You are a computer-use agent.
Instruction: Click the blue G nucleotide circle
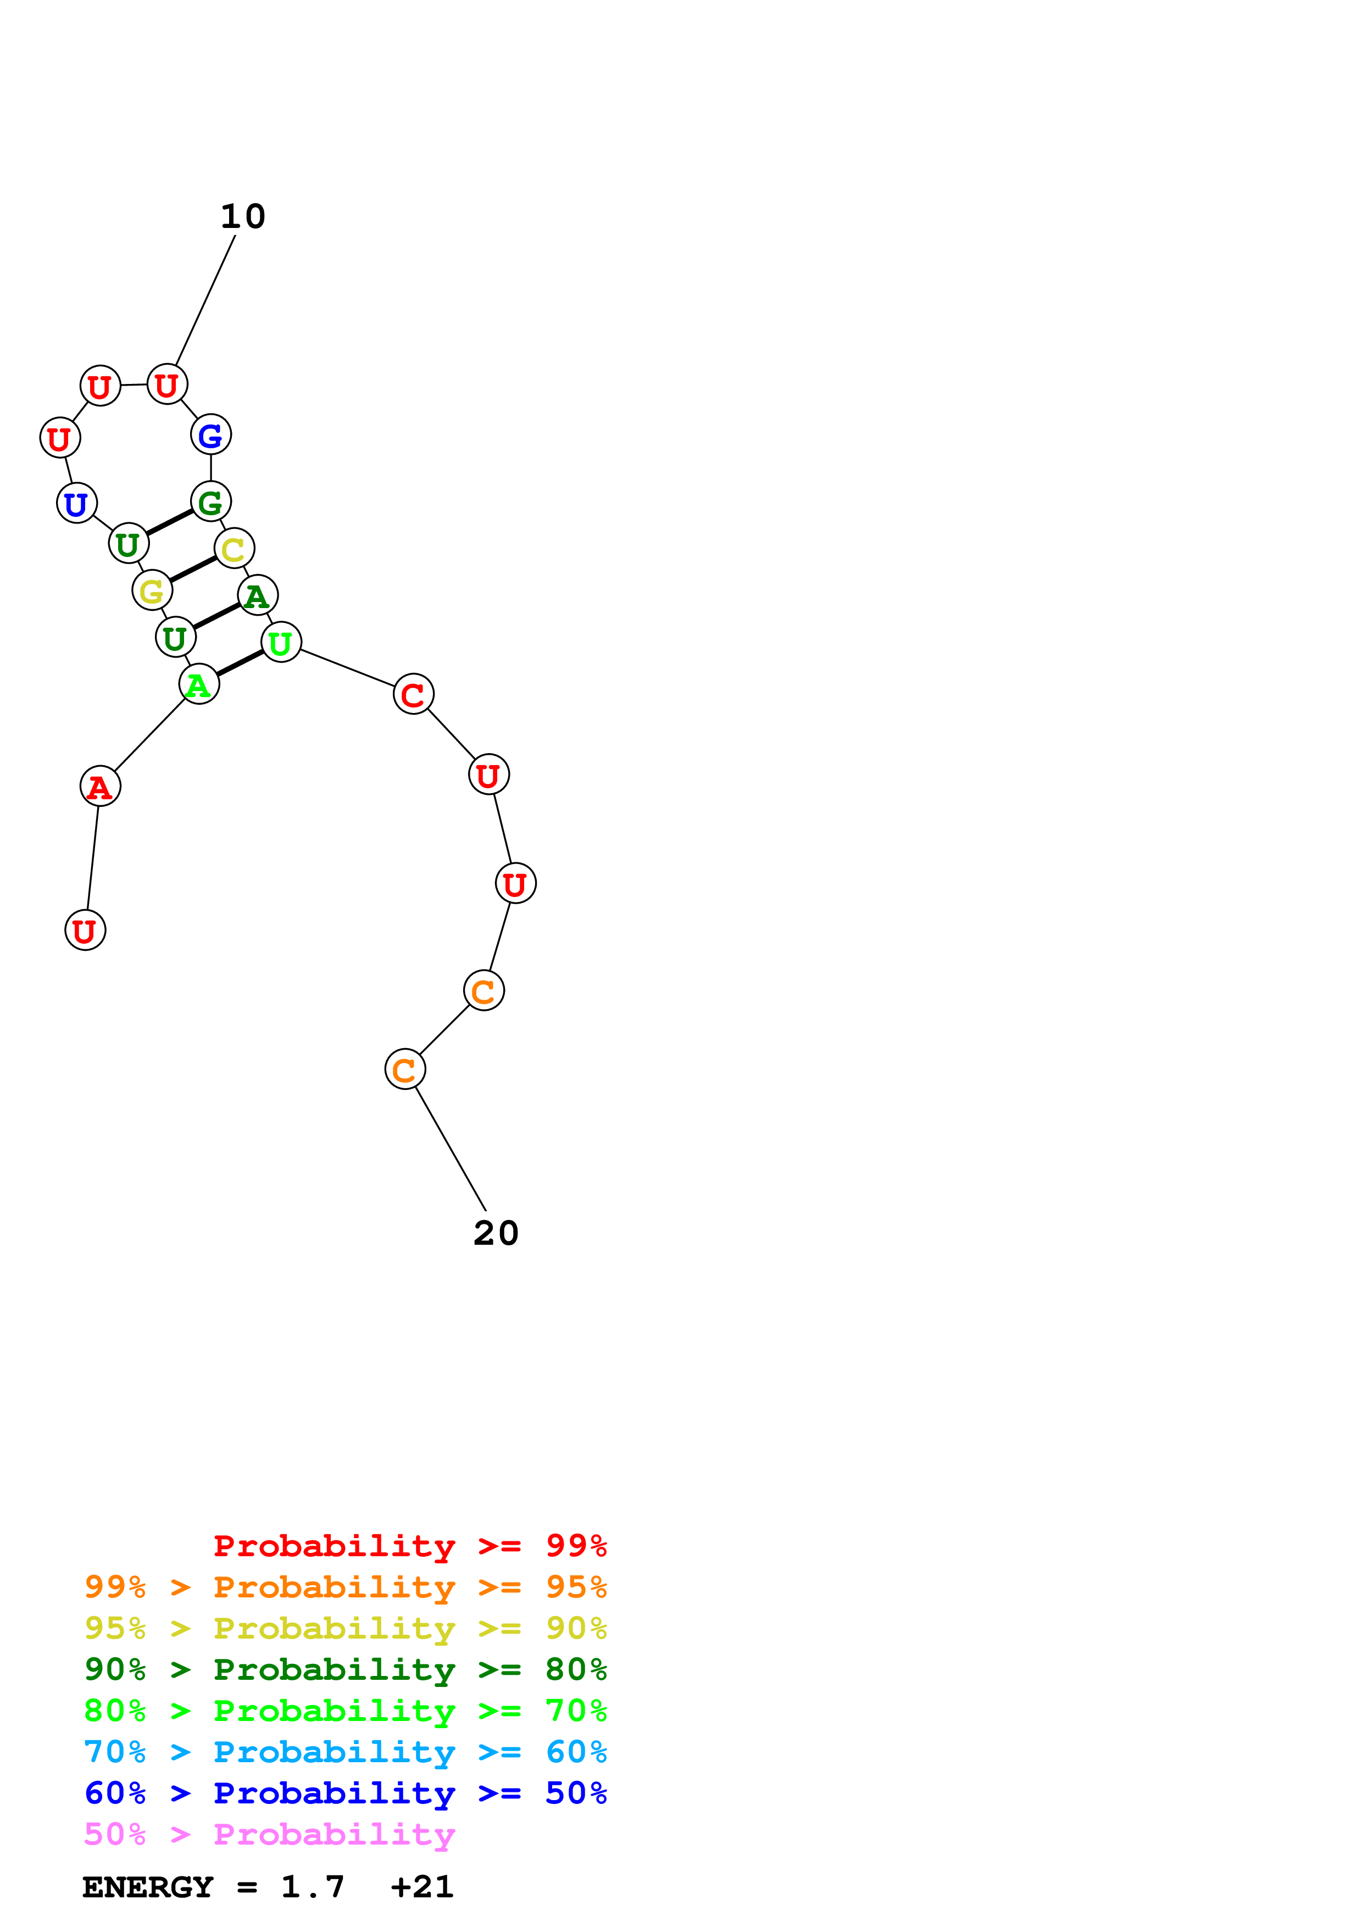point(210,435)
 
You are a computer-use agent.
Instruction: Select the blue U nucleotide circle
point(76,504)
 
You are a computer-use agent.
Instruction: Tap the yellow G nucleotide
point(152,591)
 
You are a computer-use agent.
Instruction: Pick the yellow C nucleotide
point(234,549)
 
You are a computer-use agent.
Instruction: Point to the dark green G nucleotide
point(210,502)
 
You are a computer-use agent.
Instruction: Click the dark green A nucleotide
point(258,596)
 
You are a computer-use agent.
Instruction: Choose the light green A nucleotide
point(199,685)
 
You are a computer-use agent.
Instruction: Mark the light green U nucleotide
point(281,643)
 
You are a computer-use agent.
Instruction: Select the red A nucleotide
point(100,787)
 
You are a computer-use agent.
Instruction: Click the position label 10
point(242,216)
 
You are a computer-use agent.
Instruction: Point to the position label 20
point(496,1233)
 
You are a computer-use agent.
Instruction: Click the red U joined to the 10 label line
point(167,385)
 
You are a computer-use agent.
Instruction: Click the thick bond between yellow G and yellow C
point(193,569)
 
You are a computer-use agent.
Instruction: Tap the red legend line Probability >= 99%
point(409,1545)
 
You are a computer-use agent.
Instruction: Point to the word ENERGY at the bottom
point(148,1887)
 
